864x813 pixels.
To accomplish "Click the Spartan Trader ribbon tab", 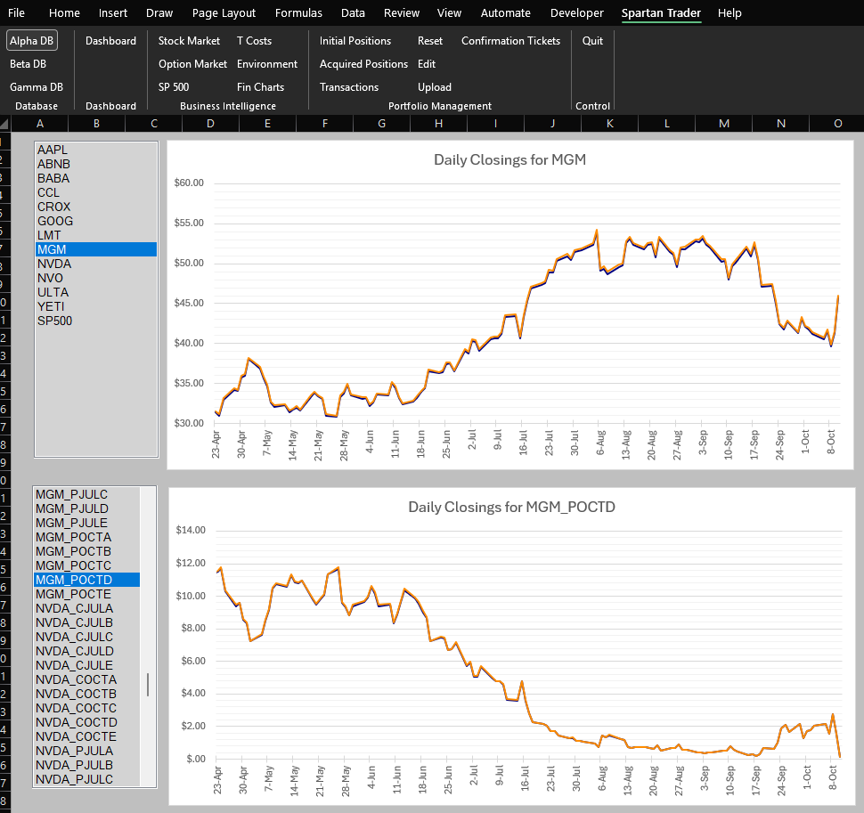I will point(661,12).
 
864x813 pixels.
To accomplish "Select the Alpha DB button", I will point(31,41).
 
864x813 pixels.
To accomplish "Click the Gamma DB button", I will point(36,87).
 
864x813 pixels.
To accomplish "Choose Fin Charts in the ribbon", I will point(260,87).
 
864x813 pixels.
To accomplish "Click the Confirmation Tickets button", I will point(510,41).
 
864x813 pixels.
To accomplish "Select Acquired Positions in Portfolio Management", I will point(363,64).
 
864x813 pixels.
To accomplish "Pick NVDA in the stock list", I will point(54,264).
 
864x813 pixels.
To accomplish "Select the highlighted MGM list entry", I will point(52,250).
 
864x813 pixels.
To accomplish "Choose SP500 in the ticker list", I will point(54,321).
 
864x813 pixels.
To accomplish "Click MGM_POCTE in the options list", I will point(73,594).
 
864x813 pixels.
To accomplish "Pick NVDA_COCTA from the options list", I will point(76,679).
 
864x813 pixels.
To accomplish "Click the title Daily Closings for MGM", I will point(509,160).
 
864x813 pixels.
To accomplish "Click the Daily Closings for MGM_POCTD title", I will point(511,508).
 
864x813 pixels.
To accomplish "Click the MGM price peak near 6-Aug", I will point(596,231).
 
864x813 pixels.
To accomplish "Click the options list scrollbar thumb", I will point(148,685).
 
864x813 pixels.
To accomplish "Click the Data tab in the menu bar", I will point(353,12).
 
